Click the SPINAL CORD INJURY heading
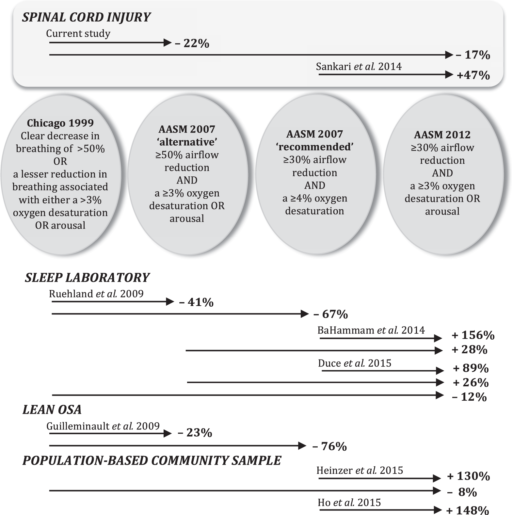pyautogui.click(x=86, y=17)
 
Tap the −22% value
pyautogui.click(x=192, y=43)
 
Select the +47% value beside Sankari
pyautogui.click(x=473, y=75)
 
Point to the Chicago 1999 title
pyautogui.click(x=60, y=123)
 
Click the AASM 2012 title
pyautogui.click(x=442, y=135)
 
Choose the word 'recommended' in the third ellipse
pyautogui.click(x=314, y=147)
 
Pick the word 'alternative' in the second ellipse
pyautogui.click(x=187, y=142)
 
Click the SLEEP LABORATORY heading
pyautogui.click(x=87, y=278)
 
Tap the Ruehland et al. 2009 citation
pyautogui.click(x=96, y=294)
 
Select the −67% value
pyautogui.click(x=330, y=314)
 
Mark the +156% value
pyautogui.click(x=473, y=335)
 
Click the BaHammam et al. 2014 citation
pyautogui.click(x=371, y=330)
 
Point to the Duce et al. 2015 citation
pyautogui.click(x=354, y=363)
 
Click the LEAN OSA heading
pyautogui.click(x=52, y=410)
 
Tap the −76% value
pyautogui.click(x=329, y=446)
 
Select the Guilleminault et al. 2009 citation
pyautogui.click(x=103, y=426)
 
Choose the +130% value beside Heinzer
pyautogui.click(x=468, y=476)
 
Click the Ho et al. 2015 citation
pyautogui.click(x=349, y=502)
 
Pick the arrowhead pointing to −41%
pyautogui.click(x=170, y=302)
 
